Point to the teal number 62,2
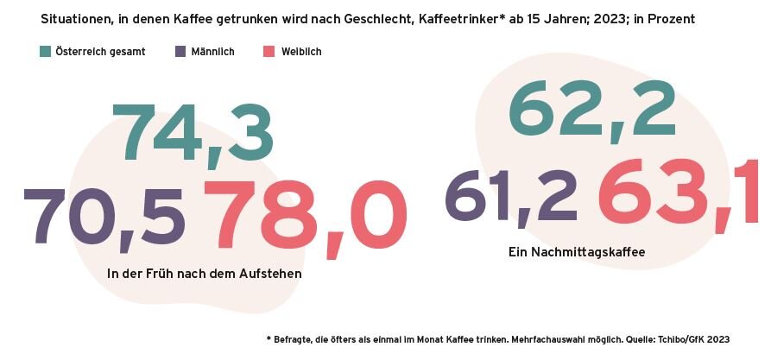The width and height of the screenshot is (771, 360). pos(591,111)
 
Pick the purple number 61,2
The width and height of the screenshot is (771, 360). pos(510,196)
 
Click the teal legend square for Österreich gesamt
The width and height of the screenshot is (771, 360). pos(46,52)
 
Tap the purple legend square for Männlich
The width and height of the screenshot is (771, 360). pos(181,52)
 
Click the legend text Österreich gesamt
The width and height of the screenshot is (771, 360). pos(100,52)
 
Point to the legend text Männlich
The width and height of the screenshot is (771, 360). pos(212,52)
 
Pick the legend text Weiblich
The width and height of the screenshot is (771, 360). pos(301,52)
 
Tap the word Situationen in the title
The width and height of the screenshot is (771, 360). pos(77,17)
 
